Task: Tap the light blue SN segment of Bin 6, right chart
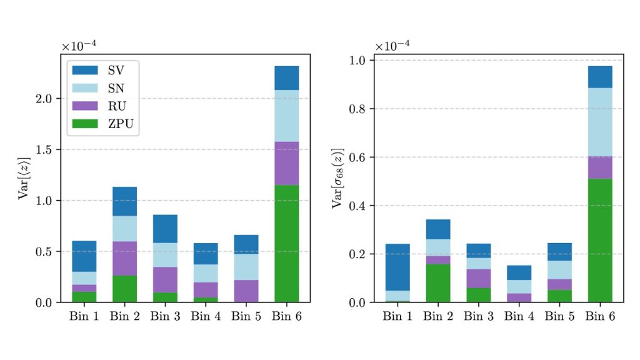(x=599, y=122)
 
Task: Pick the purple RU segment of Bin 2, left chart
(x=125, y=258)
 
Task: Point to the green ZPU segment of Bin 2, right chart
(x=437, y=283)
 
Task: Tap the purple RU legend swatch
(x=85, y=106)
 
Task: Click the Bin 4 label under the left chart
(x=206, y=316)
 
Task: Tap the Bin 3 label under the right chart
(x=478, y=316)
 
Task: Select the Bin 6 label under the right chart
(x=599, y=316)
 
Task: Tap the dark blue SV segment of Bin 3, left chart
(x=166, y=229)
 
